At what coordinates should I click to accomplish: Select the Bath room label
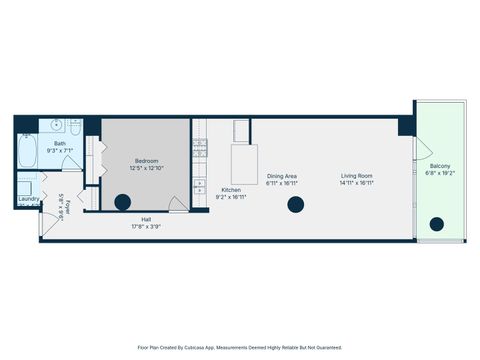(60, 144)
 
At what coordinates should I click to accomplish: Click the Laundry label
(28, 199)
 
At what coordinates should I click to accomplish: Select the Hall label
(146, 219)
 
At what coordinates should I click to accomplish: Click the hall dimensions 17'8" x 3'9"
(146, 227)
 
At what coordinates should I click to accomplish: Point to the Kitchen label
(231, 190)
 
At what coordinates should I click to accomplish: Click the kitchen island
(244, 163)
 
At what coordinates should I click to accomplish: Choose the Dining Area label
(282, 176)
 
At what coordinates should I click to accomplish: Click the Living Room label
(356, 176)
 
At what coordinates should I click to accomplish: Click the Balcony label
(440, 165)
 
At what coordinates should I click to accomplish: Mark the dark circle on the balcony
(437, 225)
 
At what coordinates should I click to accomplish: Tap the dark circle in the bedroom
(123, 203)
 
